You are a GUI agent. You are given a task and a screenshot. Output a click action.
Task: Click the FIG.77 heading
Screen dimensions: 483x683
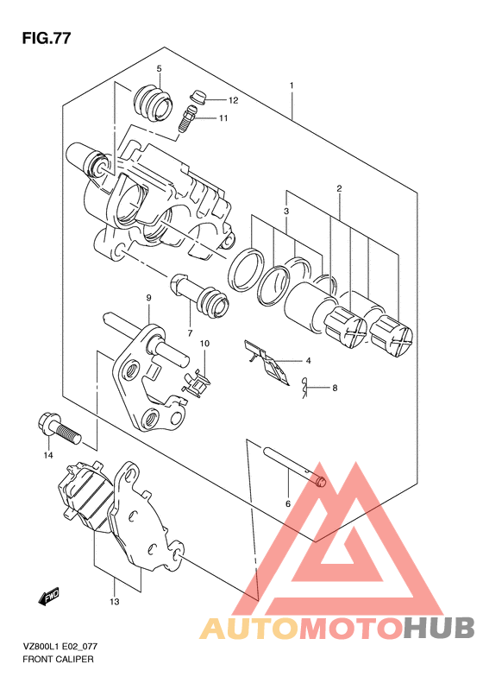coord(47,38)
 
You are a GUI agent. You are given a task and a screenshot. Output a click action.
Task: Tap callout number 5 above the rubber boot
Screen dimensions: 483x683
coord(159,68)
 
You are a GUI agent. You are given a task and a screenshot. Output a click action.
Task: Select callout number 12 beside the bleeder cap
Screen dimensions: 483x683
coord(233,101)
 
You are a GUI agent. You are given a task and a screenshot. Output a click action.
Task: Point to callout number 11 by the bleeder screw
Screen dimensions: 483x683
coord(223,118)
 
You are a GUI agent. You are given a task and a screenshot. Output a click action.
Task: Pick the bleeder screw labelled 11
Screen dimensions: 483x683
coord(187,118)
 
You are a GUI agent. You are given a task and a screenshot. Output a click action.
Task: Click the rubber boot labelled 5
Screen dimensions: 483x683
coord(153,103)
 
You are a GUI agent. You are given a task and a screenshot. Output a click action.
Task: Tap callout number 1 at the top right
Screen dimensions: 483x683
coord(292,85)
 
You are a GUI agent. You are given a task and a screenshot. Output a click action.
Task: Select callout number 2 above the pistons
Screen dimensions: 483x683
coord(339,188)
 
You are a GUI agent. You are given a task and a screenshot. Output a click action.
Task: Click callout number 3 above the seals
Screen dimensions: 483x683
coord(286,212)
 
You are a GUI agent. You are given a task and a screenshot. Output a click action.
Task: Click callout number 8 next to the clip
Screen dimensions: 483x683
coord(335,388)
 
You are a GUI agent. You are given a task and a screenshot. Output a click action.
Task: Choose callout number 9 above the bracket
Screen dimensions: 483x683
coord(148,298)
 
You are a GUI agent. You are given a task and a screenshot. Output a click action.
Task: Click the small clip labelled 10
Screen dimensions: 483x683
coord(196,383)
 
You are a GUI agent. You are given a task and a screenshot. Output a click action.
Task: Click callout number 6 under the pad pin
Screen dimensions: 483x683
coord(287,504)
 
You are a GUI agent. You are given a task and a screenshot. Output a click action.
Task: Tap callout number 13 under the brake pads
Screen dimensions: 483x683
coord(115,602)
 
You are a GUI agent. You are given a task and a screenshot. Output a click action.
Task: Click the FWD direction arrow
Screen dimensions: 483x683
coord(48,597)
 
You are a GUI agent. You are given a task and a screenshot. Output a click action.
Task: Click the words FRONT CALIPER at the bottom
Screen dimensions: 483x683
coord(58,660)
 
